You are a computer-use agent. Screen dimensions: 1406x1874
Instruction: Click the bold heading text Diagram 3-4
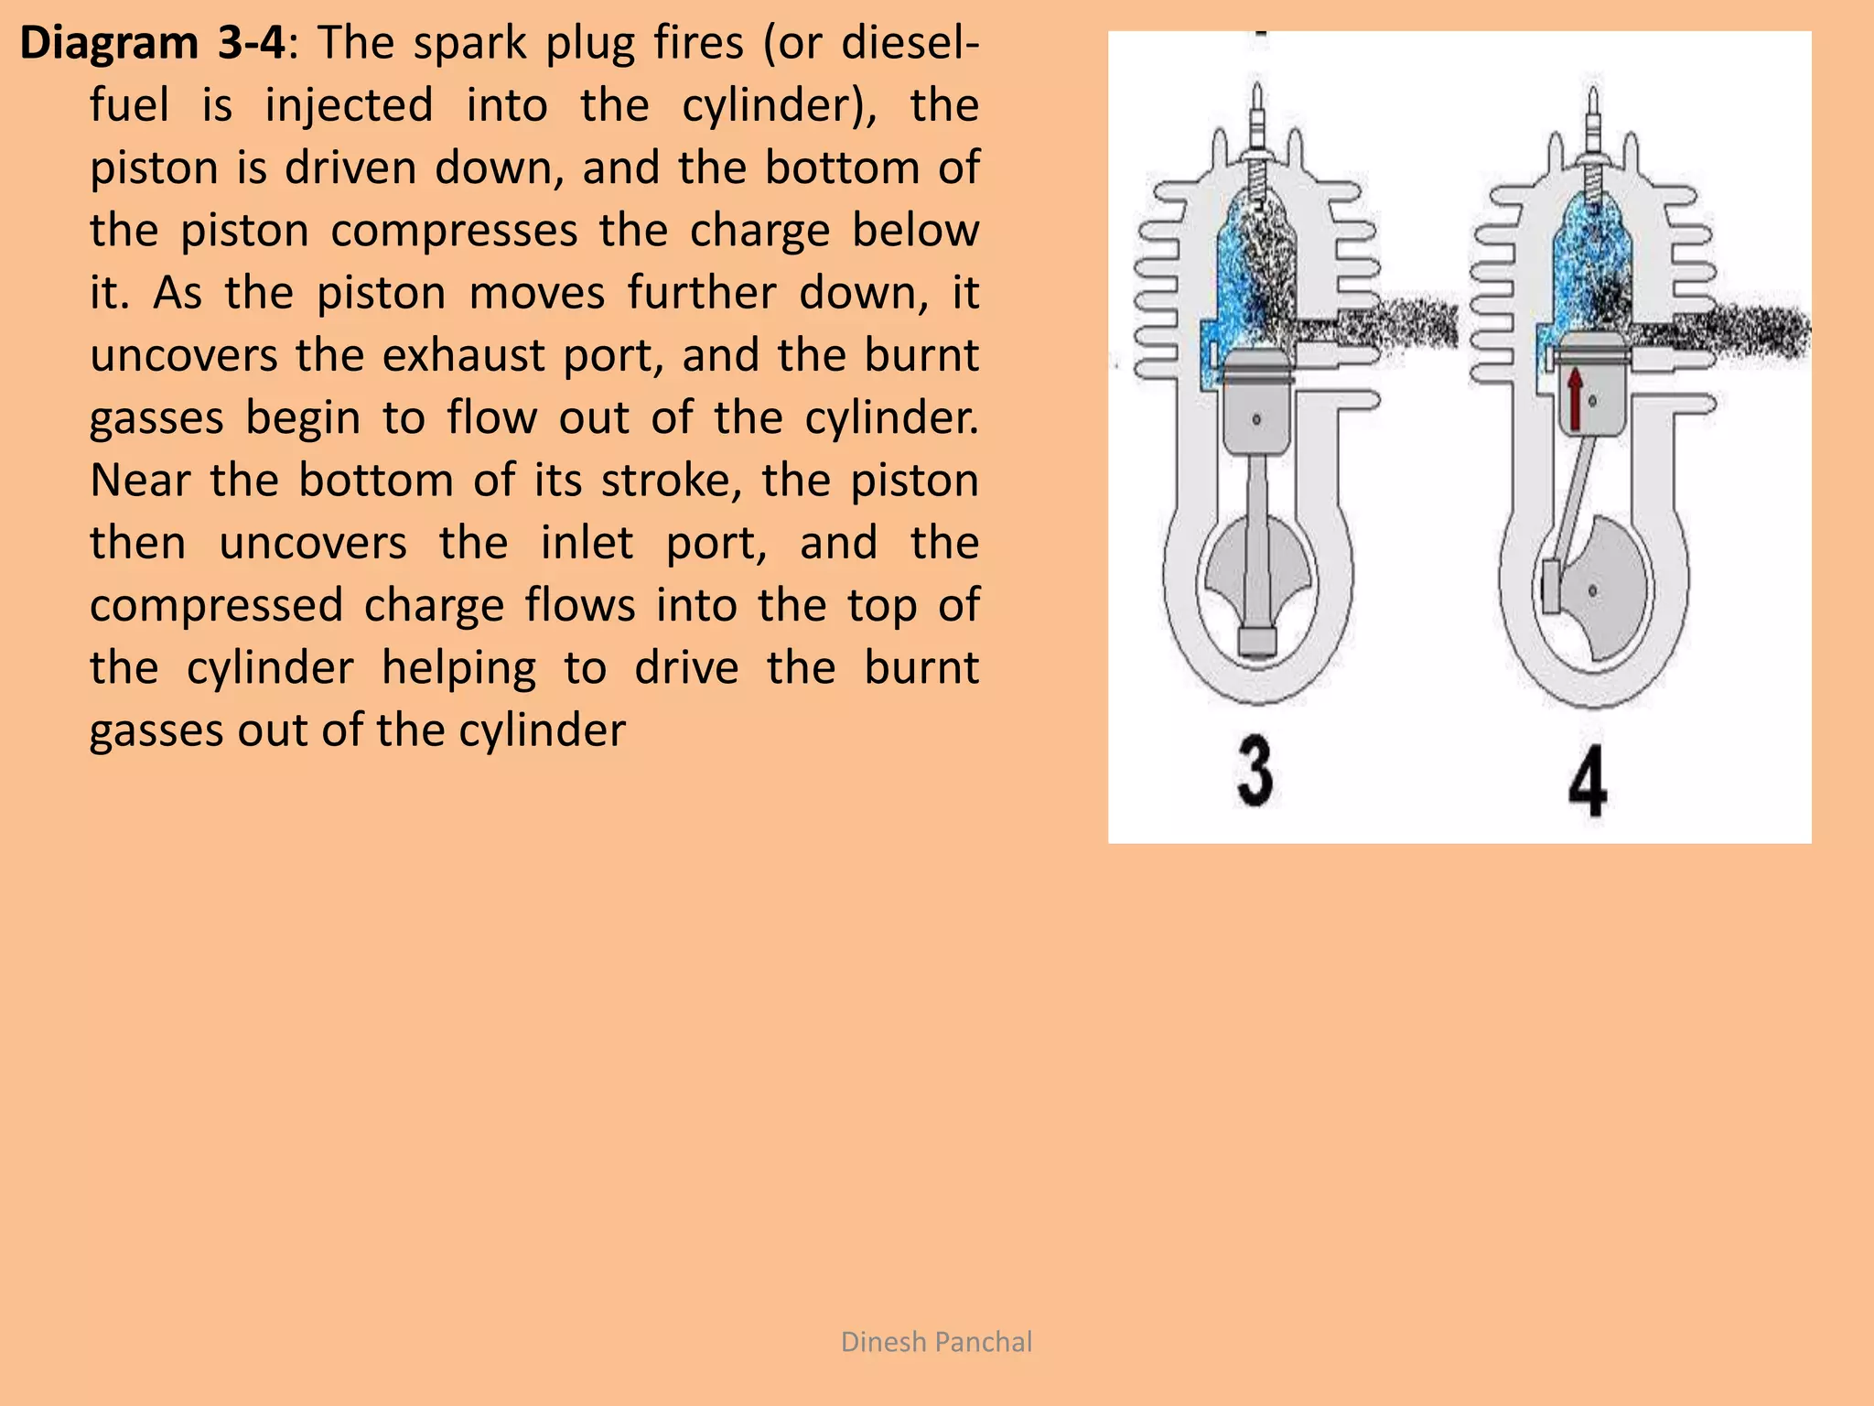(152, 44)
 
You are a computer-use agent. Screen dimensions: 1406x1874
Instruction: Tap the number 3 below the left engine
(1255, 773)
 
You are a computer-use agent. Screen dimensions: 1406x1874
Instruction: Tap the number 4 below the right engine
(1588, 781)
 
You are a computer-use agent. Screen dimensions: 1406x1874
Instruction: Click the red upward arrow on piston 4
(1575, 399)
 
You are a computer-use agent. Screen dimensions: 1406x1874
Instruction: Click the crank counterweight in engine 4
(1610, 586)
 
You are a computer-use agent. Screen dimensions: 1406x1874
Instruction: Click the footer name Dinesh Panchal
(936, 1342)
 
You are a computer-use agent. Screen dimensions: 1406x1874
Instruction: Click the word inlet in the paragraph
(586, 543)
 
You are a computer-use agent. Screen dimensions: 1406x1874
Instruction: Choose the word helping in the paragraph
(458, 667)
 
